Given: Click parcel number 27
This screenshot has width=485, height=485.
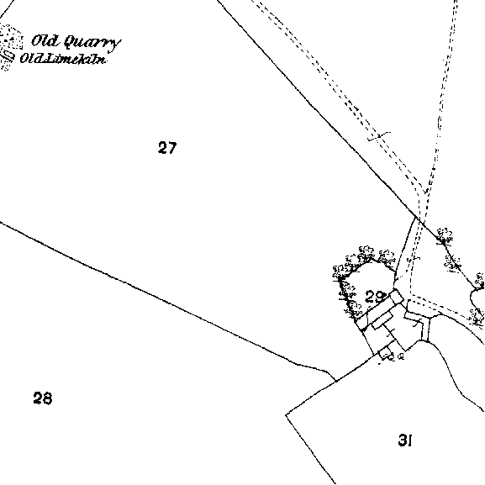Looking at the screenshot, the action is (x=167, y=148).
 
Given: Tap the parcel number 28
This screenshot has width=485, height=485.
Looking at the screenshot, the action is (x=43, y=398).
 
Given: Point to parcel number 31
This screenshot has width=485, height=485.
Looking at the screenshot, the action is (x=405, y=440).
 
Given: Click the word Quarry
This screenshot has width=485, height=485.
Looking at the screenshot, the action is (x=92, y=42).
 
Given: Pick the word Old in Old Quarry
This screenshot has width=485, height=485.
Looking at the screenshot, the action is (x=45, y=40).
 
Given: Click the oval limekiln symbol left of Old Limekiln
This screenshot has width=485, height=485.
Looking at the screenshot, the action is (x=8, y=56).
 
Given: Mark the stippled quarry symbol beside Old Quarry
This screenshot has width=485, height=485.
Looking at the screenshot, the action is (x=12, y=37).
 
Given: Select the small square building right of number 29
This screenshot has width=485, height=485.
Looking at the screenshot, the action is (x=397, y=297).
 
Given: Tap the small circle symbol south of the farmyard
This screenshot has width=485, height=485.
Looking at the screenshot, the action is (x=401, y=356).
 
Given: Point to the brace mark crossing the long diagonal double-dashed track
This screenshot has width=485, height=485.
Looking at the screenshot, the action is (x=379, y=136).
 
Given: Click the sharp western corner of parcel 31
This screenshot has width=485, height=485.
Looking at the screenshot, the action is (x=286, y=414).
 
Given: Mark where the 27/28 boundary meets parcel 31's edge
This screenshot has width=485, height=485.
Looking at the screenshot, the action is (x=335, y=381).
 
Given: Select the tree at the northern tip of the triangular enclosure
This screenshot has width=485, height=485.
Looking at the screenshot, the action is (x=445, y=237).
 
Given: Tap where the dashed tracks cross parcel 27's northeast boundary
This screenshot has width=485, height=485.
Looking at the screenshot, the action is (x=421, y=220).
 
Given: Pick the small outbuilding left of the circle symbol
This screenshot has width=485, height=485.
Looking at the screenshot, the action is (x=386, y=353).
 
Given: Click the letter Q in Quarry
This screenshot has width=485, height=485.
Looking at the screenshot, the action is (x=71, y=42).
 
